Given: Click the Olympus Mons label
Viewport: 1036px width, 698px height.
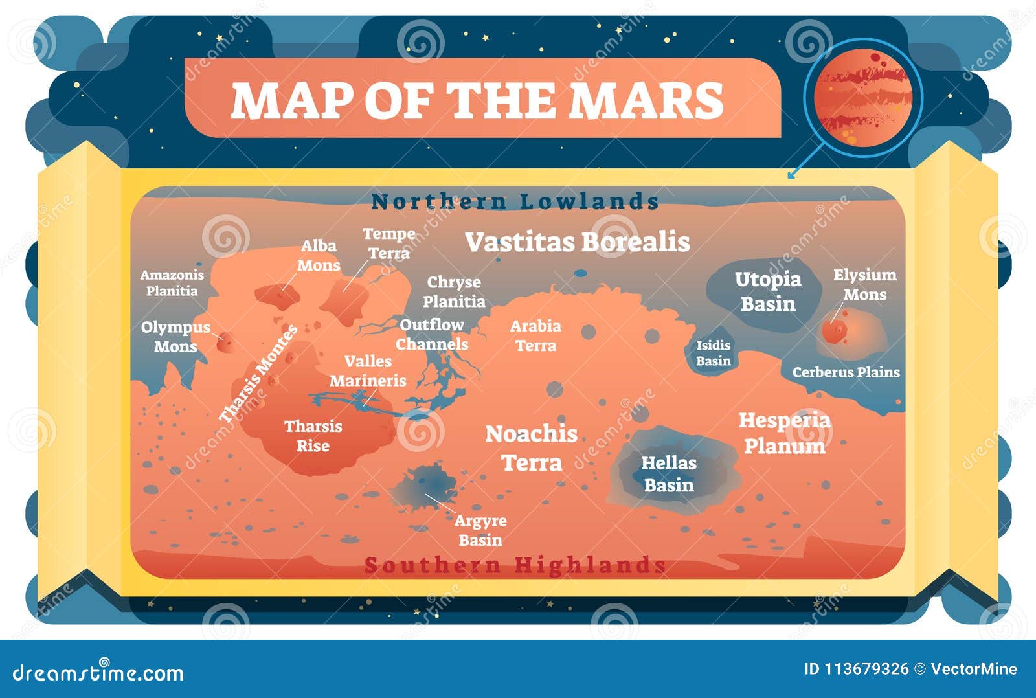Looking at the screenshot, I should (175, 337).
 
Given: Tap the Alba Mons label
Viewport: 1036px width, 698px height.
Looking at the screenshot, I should (319, 256).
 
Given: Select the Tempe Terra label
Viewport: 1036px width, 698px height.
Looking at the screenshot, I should (388, 243).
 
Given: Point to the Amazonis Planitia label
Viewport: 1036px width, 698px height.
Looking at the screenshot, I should (172, 283).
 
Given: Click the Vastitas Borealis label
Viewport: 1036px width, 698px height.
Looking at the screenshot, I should (577, 242).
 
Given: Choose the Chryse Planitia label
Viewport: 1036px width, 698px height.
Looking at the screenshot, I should (454, 292).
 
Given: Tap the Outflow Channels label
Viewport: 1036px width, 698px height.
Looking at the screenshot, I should (432, 334).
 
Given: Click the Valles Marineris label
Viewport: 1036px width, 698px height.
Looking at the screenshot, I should (368, 371).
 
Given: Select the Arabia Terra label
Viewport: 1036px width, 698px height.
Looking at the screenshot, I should (535, 335).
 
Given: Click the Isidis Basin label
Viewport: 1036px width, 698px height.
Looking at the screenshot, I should (714, 353).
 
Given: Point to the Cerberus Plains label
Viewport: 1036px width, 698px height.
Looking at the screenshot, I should (846, 372).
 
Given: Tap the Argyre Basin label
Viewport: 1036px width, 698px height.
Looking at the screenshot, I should (480, 530).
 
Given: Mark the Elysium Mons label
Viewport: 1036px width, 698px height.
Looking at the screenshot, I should (864, 285).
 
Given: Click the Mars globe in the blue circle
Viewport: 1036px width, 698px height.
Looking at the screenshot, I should (863, 97).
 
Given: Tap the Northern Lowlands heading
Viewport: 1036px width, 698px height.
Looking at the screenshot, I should (515, 201).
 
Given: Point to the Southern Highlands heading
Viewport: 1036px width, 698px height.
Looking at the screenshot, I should (515, 565).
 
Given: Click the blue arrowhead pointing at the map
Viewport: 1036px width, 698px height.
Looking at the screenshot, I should (791, 175).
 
